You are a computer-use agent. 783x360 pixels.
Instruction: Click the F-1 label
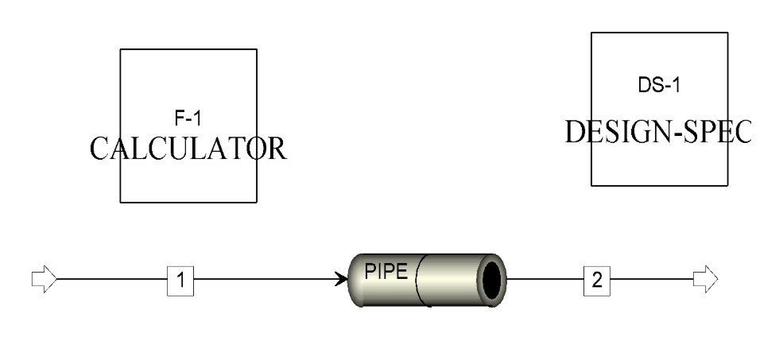coord(188,118)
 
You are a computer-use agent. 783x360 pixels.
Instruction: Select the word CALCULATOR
coord(188,149)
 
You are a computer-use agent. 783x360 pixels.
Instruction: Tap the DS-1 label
coord(659,85)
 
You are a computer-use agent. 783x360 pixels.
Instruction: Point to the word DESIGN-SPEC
coord(658,132)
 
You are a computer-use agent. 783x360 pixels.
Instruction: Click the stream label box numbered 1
coord(180,280)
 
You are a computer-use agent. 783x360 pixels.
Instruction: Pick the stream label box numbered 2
coord(597,280)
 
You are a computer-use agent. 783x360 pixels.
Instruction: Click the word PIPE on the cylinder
coord(386,271)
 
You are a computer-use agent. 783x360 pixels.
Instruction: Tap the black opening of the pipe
coord(492,280)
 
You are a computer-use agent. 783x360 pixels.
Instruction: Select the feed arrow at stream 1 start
coord(45,279)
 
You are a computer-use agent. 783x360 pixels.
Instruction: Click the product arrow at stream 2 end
coord(706,279)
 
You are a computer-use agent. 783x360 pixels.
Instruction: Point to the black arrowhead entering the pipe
coord(342,279)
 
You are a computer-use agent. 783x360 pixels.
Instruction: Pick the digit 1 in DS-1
coord(675,85)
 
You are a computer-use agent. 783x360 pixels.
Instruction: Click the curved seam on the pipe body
coord(420,280)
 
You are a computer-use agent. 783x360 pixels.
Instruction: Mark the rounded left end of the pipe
coord(355,280)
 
